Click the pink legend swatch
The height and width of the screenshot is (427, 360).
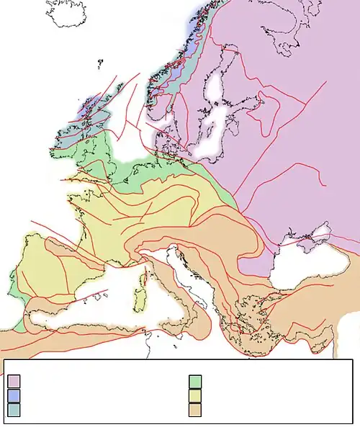tap(14, 381)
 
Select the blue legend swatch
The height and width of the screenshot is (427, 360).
tap(14, 395)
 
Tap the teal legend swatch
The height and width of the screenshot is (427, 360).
tap(14, 410)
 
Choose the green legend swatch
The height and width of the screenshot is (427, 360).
tap(195, 381)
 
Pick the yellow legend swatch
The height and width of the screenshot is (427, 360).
tap(195, 395)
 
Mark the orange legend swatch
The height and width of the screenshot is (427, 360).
tap(195, 410)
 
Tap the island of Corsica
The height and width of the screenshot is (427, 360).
tap(143, 277)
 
